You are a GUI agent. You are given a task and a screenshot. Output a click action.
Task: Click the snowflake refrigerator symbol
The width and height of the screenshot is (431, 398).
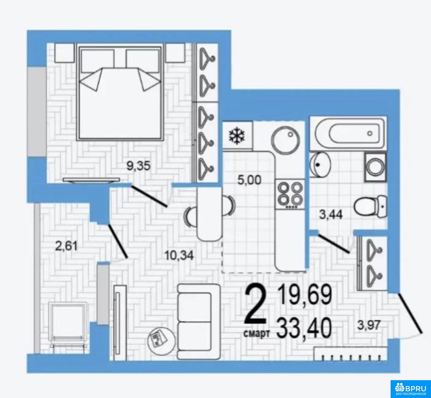point(237,136)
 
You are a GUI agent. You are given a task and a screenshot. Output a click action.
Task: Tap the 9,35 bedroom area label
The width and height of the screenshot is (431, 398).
point(138,166)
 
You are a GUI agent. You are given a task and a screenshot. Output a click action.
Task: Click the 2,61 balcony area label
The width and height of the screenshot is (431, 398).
point(66,246)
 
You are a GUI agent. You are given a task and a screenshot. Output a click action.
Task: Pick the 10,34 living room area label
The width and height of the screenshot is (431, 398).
point(179,255)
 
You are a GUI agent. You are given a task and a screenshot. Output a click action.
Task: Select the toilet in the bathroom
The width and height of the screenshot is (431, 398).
point(370,206)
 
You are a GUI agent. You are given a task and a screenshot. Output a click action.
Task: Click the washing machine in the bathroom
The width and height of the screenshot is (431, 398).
point(376,167)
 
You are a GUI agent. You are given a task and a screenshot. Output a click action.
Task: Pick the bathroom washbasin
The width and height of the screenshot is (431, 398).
point(320,165)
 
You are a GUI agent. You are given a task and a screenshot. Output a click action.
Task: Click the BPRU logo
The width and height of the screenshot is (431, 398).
point(410,389)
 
